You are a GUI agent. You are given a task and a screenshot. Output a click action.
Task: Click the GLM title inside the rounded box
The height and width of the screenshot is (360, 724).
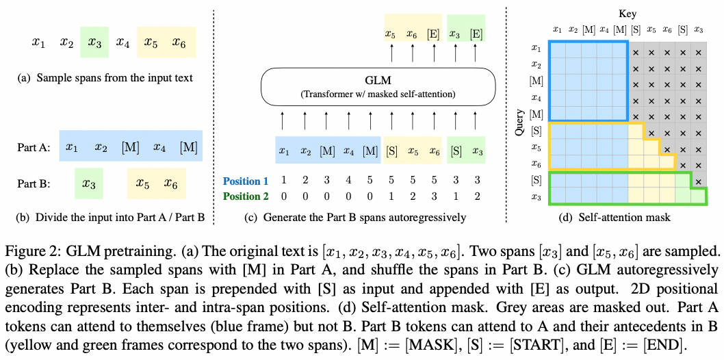(376, 81)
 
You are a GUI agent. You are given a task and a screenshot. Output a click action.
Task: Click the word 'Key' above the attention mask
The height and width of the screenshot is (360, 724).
(628, 13)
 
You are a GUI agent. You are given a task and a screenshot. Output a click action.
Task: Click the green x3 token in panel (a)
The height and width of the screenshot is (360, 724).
(94, 42)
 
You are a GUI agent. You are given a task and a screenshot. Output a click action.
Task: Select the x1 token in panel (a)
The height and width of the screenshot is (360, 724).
(38, 42)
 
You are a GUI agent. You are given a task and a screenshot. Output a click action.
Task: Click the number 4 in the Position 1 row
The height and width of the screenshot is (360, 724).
(348, 181)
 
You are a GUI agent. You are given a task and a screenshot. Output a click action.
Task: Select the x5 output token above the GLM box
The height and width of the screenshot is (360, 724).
(391, 34)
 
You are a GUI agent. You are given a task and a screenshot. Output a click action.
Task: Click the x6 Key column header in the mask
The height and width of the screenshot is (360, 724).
(667, 30)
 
